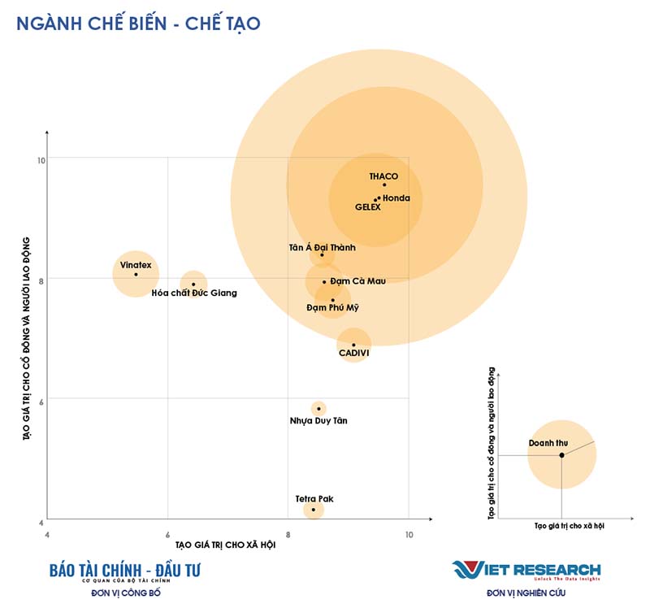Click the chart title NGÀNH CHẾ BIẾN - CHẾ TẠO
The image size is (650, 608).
tap(138, 24)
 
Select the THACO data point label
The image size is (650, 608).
tap(383, 176)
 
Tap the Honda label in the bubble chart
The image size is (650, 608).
tap(396, 198)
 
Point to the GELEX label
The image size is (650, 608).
tap(368, 207)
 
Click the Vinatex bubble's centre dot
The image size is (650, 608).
tap(136, 274)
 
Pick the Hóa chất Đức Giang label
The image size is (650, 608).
tap(194, 293)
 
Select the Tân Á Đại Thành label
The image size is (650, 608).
tap(322, 247)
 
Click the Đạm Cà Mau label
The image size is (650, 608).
tap(358, 281)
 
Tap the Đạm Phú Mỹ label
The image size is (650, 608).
tap(332, 308)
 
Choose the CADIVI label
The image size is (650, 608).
tap(353, 354)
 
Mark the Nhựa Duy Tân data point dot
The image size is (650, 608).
tap(318, 409)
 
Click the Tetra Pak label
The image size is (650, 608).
tap(314, 498)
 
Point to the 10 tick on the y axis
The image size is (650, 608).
tap(39, 160)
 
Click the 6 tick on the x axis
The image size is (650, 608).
tap(167, 533)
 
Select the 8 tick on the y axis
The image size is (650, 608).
tap(40, 279)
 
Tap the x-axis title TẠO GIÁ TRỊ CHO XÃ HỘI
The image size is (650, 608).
tap(224, 545)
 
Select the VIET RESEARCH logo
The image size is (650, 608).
tap(526, 569)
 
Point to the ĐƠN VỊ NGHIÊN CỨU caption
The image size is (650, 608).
tap(526, 593)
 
